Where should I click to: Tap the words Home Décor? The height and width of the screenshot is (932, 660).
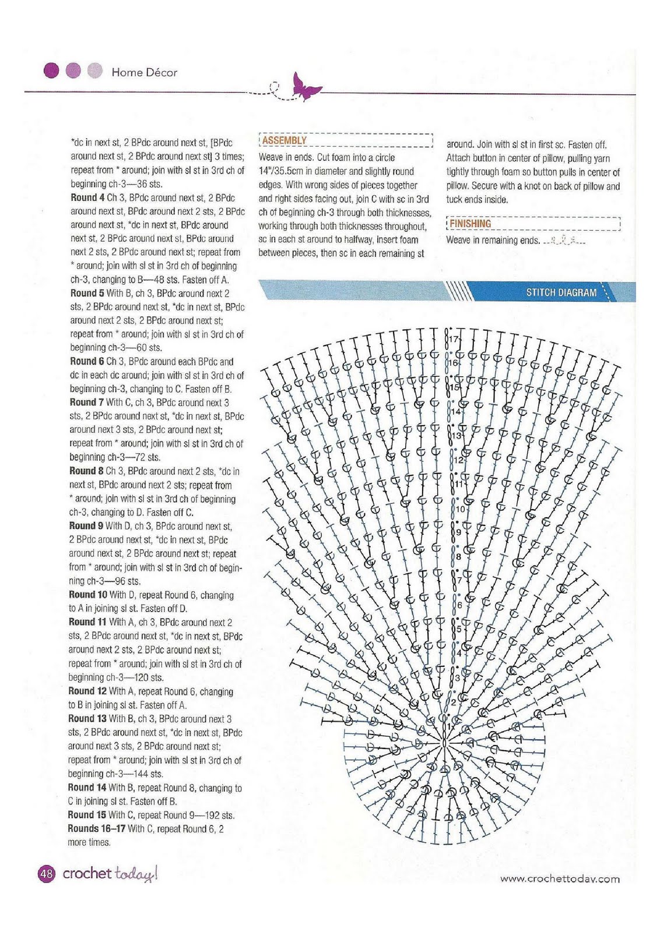pyautogui.click(x=144, y=72)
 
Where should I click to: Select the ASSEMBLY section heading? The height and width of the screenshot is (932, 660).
pyautogui.click(x=284, y=140)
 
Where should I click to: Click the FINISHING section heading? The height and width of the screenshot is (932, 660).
pyautogui.click(x=470, y=224)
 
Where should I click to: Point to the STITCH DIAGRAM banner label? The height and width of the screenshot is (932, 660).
pyautogui.click(x=561, y=292)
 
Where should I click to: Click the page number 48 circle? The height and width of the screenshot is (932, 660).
pyautogui.click(x=46, y=874)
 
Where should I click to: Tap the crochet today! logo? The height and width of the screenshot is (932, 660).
pyautogui.click(x=110, y=873)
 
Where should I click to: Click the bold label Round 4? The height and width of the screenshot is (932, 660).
pyautogui.click(x=87, y=197)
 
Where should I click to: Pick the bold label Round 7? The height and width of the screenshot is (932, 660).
pyautogui.click(x=86, y=403)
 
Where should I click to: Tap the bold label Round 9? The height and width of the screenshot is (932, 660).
pyautogui.click(x=86, y=525)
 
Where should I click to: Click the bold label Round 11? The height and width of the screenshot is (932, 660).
pyautogui.click(x=88, y=622)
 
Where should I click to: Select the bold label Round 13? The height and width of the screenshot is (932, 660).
pyautogui.click(x=87, y=719)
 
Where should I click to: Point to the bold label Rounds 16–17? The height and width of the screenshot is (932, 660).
pyautogui.click(x=97, y=828)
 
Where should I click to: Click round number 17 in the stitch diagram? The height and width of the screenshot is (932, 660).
pyautogui.click(x=455, y=339)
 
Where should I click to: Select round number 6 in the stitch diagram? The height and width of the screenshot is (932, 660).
pyautogui.click(x=459, y=605)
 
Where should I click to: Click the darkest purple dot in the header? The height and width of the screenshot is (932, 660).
pyautogui.click(x=51, y=71)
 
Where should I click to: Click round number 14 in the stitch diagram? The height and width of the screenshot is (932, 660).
pyautogui.click(x=456, y=411)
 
